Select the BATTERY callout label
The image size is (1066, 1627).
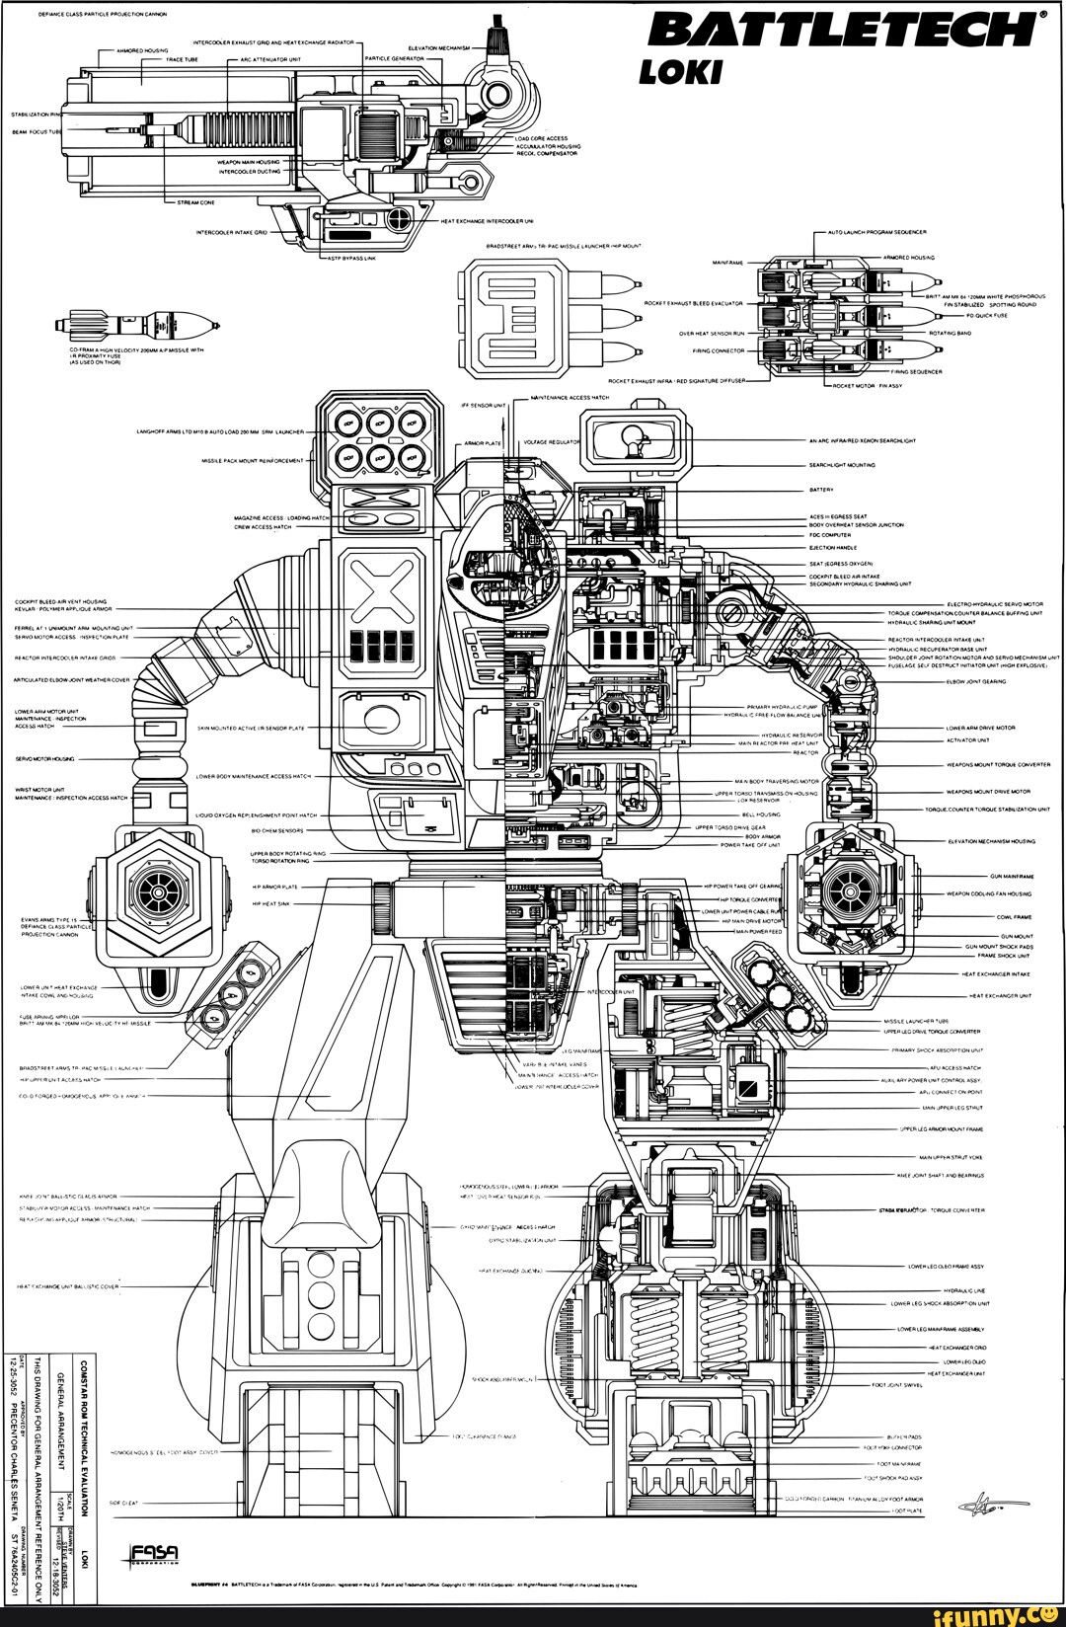coord(821,489)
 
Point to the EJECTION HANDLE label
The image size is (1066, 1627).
coord(831,547)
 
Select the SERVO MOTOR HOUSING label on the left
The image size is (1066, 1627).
coord(35,760)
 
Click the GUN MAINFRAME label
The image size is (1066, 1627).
coord(1012,876)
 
